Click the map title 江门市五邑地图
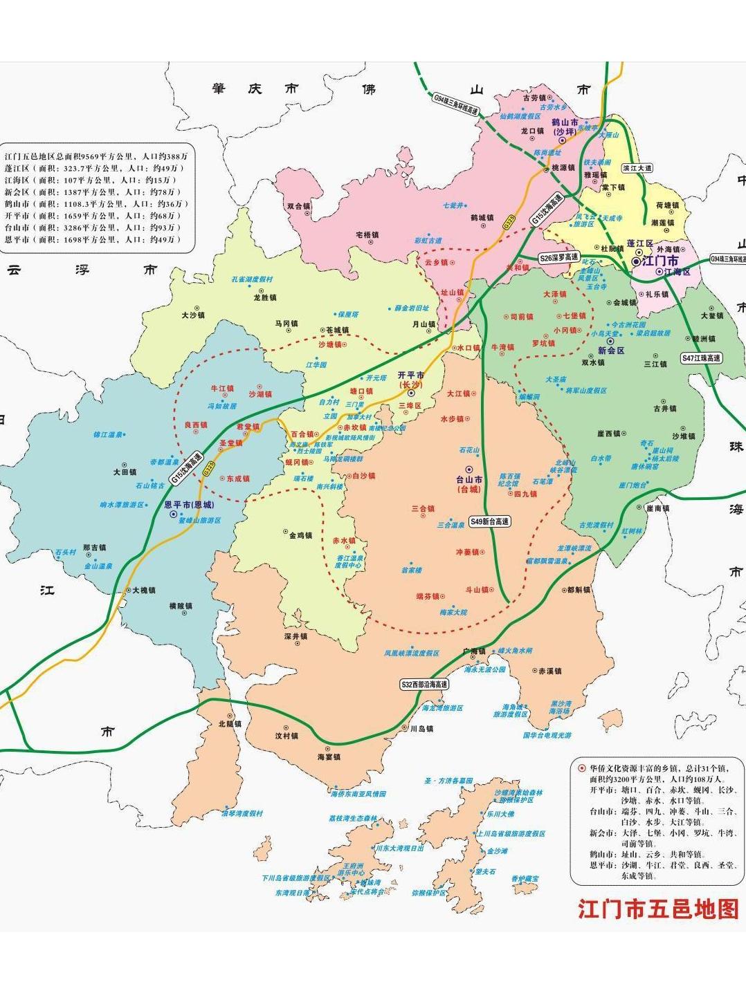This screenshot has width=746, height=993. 658,909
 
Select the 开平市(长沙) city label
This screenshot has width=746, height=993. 410,380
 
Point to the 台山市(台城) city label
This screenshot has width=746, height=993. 468,484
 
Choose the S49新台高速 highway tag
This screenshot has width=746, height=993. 489,521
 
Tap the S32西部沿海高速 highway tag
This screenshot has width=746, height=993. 424,684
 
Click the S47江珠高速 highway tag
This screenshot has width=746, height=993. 701,358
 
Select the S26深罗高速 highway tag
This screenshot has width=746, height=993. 558,257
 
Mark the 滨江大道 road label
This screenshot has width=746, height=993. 637,168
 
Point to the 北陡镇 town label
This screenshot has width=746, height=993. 230,724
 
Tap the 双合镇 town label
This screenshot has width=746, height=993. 299,206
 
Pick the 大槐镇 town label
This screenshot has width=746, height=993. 143,590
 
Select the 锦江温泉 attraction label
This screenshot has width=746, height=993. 108,435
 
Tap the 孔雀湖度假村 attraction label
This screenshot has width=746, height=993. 252,279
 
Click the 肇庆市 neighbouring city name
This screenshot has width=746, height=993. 255,89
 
